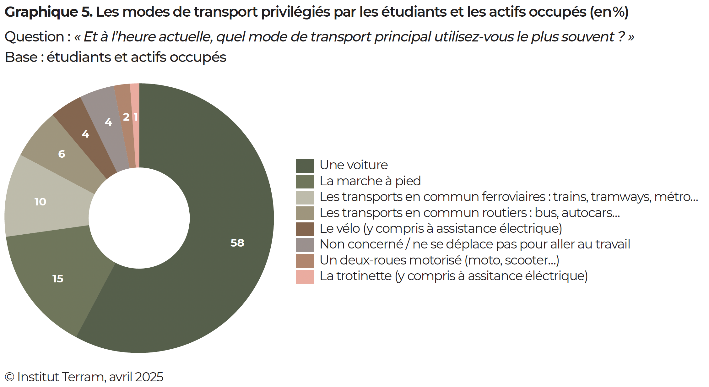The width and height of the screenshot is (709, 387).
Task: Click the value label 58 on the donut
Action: pos(237,243)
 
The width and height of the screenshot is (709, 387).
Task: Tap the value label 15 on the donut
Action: pos(58,279)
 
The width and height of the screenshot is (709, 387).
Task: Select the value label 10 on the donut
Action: pos(40,202)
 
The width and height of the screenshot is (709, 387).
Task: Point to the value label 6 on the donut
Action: pos(62,154)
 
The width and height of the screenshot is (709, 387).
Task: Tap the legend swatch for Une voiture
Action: pos(305,166)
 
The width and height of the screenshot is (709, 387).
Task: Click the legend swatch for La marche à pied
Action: pos(305,182)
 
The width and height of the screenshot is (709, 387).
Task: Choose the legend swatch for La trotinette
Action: pos(305,277)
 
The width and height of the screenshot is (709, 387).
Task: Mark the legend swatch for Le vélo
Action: pos(305,229)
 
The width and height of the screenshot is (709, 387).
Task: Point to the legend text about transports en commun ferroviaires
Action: pos(509,197)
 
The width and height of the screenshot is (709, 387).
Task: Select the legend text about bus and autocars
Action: pos(470,213)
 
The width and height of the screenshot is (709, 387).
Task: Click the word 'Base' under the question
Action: pos(21,57)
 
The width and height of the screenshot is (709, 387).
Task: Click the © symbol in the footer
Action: pos(10,377)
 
